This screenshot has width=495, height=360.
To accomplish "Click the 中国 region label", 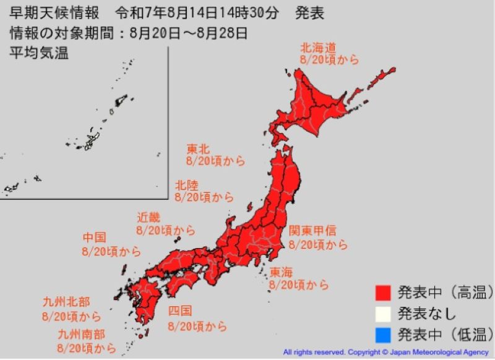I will [95, 238].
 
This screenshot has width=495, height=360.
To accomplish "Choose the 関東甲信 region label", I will [313, 231].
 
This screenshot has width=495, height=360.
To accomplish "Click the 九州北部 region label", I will [66, 302].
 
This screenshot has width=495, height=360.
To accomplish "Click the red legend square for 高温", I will [384, 291].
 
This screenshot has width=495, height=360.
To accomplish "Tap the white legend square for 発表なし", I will [384, 313].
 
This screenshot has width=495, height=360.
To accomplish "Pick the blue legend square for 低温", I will [384, 336].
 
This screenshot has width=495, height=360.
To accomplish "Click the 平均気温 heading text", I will [39, 53].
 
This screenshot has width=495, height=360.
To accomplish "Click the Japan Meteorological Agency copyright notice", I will [385, 352].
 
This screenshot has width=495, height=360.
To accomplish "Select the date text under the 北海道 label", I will [329, 60].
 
